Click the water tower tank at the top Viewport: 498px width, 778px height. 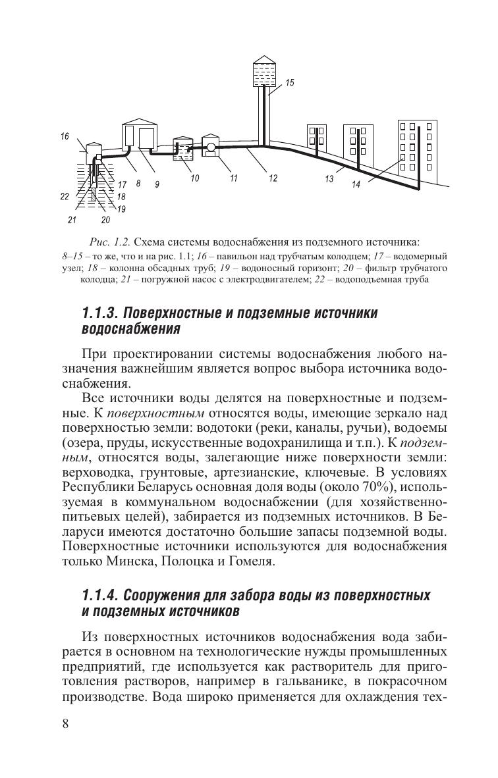coord(266,72)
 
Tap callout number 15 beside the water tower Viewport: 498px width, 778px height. coord(290,83)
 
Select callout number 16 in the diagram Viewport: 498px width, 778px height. coord(64,137)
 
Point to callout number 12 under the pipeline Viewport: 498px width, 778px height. coord(273,178)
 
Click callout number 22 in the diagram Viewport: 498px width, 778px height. coord(64,196)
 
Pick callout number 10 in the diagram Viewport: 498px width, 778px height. coord(195,178)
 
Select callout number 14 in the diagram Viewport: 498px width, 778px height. coord(356,185)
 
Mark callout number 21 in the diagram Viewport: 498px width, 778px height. coord(72,219)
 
